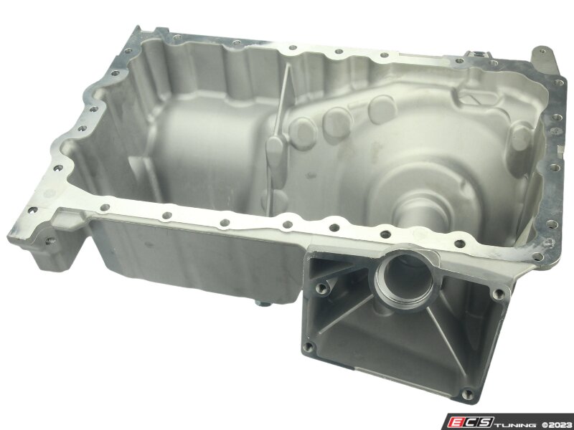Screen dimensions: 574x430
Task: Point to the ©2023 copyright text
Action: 557,425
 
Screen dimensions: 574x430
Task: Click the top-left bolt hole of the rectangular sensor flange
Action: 321,289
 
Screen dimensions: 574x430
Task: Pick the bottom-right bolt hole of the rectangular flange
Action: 466,394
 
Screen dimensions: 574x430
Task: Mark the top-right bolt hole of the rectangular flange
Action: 498,293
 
